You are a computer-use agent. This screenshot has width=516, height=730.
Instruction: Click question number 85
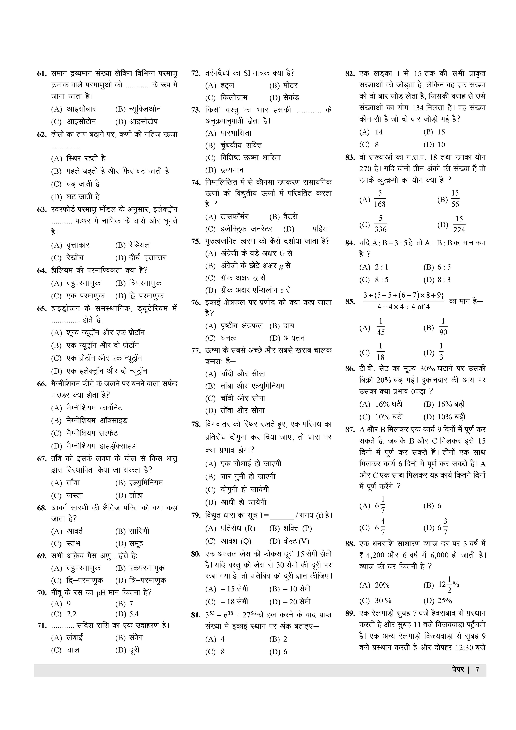coord(350,301)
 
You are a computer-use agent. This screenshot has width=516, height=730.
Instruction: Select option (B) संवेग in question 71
coord(129,637)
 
